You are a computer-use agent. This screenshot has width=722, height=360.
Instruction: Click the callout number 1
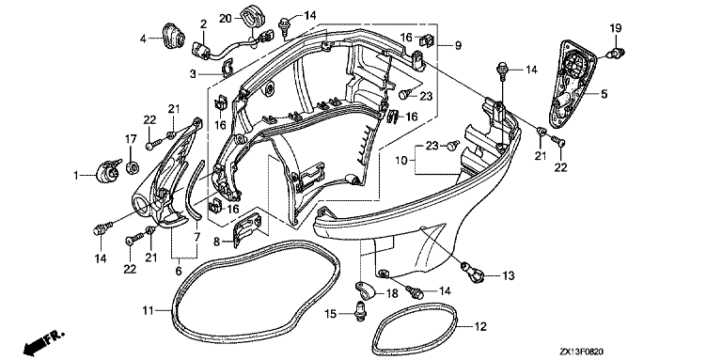point(75,175)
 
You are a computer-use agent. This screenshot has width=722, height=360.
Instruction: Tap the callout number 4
point(143,39)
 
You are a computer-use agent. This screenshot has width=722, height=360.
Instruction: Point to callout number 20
point(226,18)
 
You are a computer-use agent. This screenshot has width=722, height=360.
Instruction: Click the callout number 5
point(604,94)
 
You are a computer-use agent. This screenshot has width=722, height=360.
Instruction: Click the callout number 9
point(458,45)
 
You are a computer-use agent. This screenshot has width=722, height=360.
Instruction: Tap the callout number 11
point(148,311)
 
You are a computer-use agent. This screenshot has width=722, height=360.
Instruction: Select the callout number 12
point(480,326)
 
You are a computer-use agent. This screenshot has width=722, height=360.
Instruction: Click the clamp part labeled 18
point(366,290)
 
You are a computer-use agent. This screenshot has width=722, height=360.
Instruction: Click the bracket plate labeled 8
point(248,227)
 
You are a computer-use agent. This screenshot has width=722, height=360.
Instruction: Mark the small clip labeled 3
point(227,68)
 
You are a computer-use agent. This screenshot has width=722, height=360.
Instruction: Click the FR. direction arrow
point(44,341)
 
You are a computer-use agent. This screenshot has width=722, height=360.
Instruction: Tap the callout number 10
point(402,160)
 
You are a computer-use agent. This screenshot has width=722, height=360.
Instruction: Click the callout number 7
point(196,238)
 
